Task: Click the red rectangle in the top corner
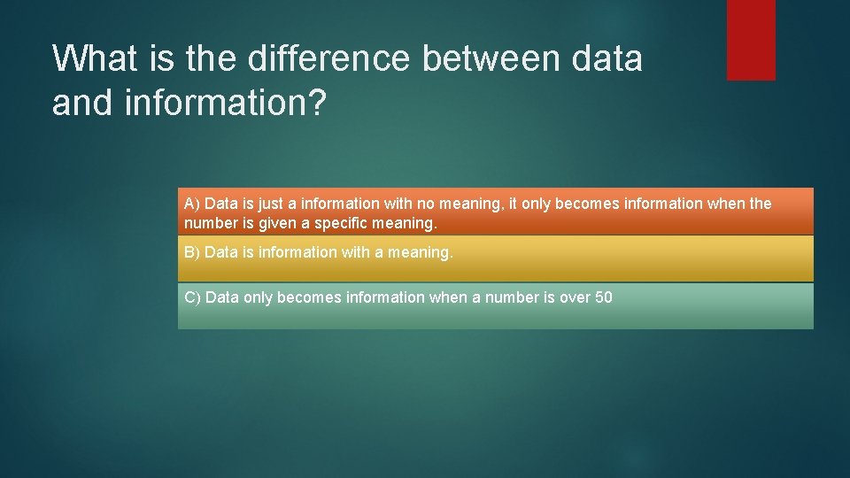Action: (x=751, y=40)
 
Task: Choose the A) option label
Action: (x=192, y=204)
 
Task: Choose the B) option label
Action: (x=192, y=252)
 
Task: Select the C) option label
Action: (x=192, y=297)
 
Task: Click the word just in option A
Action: (x=269, y=204)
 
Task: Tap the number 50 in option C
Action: (x=604, y=297)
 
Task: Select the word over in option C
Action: (x=575, y=297)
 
